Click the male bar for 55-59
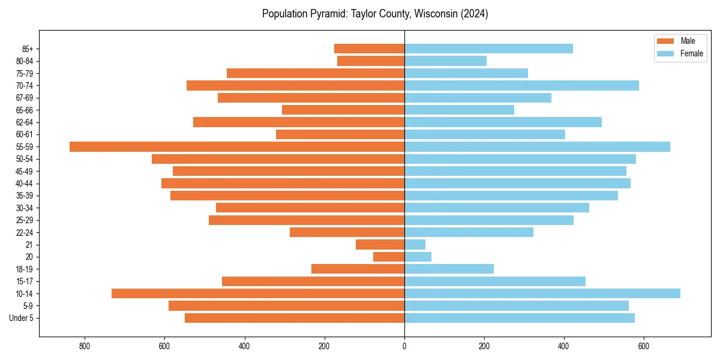click(x=237, y=146)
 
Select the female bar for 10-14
click(x=542, y=293)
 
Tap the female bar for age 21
click(x=415, y=244)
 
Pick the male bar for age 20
click(x=389, y=257)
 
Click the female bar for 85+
click(x=488, y=49)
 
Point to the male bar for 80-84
click(x=371, y=61)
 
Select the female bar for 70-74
click(x=521, y=85)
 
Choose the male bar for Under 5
click(x=295, y=318)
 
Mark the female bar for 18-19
click(x=449, y=269)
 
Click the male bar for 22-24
click(x=347, y=232)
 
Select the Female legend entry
click(x=683, y=53)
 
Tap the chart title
click(x=375, y=14)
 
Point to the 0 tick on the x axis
click(x=404, y=346)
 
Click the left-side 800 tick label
click(x=84, y=346)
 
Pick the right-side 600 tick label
click(x=644, y=346)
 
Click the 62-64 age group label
click(x=25, y=122)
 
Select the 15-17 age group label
click(x=25, y=281)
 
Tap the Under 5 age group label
click(x=21, y=318)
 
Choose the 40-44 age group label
click(x=25, y=184)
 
